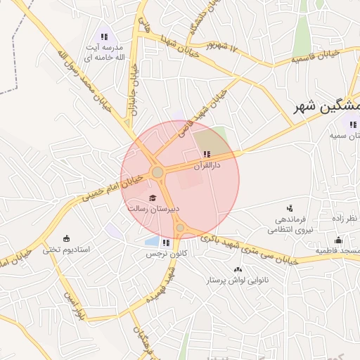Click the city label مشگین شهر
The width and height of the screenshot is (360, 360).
tap(327, 108)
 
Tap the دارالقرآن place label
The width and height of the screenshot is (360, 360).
tap(207, 165)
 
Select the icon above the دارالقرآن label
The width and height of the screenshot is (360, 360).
tap(206, 154)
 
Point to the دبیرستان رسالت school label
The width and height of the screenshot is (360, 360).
tap(154, 208)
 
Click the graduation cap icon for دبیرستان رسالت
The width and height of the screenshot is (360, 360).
tap(153, 198)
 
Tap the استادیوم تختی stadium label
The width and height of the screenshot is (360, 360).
tap(67, 249)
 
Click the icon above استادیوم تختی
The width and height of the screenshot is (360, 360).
tap(67, 238)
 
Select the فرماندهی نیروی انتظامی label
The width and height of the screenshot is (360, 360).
tap(290, 224)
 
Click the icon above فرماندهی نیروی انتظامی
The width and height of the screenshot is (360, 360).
tap(290, 208)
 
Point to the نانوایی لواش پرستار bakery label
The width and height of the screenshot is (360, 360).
tap(237, 280)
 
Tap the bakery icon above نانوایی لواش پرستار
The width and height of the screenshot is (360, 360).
tap(237, 269)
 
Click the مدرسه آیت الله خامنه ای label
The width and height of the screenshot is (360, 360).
tap(105, 52)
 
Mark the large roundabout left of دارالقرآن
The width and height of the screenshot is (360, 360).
tap(157, 172)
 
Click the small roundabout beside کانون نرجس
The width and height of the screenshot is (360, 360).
tap(181, 228)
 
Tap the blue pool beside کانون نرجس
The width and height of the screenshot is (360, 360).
tap(151, 241)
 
